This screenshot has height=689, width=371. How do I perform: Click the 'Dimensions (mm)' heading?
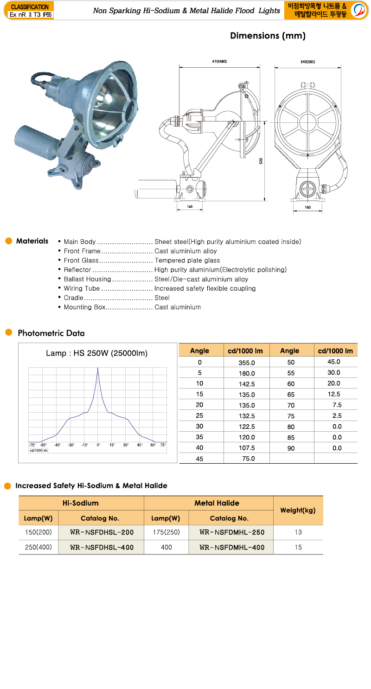click(x=268, y=36)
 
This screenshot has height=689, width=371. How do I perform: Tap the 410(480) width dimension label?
click(x=219, y=62)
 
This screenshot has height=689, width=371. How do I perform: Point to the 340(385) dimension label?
click(x=308, y=62)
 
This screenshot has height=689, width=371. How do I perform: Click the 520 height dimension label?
click(x=261, y=161)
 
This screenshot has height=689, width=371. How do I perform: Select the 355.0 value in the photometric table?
click(x=247, y=362)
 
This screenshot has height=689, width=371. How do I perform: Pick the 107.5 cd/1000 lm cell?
click(x=247, y=448)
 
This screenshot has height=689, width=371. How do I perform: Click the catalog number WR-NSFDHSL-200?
click(x=102, y=532)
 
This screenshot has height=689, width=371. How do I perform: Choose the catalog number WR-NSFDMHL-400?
click(x=231, y=547)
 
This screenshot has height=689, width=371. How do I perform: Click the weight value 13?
click(x=298, y=532)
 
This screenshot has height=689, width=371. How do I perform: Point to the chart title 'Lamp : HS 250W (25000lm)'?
click(x=97, y=353)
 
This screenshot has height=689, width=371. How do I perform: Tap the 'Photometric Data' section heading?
click(x=51, y=333)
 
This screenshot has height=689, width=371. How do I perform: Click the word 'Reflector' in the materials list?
click(x=77, y=270)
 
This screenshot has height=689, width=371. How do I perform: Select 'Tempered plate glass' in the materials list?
click(x=187, y=261)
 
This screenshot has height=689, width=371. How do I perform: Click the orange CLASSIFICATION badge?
click(x=30, y=7)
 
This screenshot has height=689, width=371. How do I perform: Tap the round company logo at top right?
click(x=359, y=10)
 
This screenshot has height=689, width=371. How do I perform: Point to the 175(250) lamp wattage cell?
click(x=166, y=532)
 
